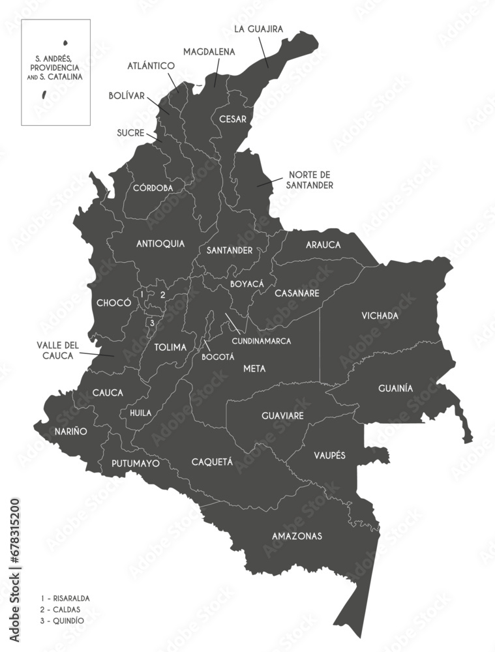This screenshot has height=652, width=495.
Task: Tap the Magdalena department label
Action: pos(209,51)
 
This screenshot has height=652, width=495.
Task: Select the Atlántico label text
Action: pos(151,66)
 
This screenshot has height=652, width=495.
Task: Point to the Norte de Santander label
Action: pos(310,180)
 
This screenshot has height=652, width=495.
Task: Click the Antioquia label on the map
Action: pos(160,244)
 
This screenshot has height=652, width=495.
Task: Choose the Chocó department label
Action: pos(110,303)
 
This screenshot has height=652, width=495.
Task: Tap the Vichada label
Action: pos(380,316)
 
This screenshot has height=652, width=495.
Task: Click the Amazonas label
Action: pos(297,536)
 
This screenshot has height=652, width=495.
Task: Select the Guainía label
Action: pos(395,388)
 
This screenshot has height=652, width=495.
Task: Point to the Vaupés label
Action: pos(329,454)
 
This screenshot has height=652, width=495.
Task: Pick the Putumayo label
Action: pos(136,464)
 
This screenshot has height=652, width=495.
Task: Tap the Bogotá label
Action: pos(218,357)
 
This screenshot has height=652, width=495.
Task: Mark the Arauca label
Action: pos(323,244)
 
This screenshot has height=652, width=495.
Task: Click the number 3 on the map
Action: pos(152,322)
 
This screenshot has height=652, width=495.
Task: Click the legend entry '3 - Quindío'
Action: pos(62,621)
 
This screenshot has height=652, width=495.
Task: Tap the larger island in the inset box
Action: pos(44,95)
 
